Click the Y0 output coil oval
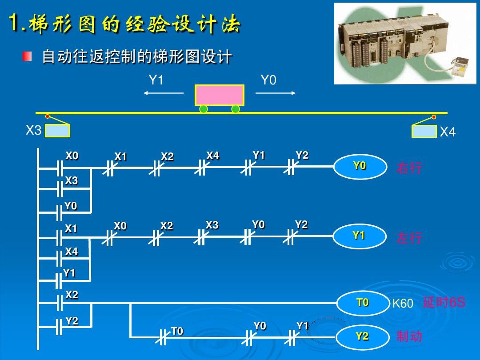pyautogui.click(x=360, y=166)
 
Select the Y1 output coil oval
pyautogui.click(x=359, y=236)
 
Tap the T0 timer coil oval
pyautogui.click(x=362, y=303)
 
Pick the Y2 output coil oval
pyautogui.click(x=362, y=337)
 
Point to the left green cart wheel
pyautogui.click(x=204, y=109)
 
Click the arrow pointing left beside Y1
pyautogui.click(x=163, y=93)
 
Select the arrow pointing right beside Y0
pyautogui.click(x=276, y=93)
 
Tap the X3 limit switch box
pyautogui.click(x=57, y=131)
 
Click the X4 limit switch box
pyautogui.click(x=424, y=131)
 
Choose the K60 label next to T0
pyautogui.click(x=403, y=304)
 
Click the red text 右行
pyautogui.click(x=409, y=168)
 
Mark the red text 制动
pyautogui.click(x=409, y=336)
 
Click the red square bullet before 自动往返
pyautogui.click(x=28, y=56)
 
